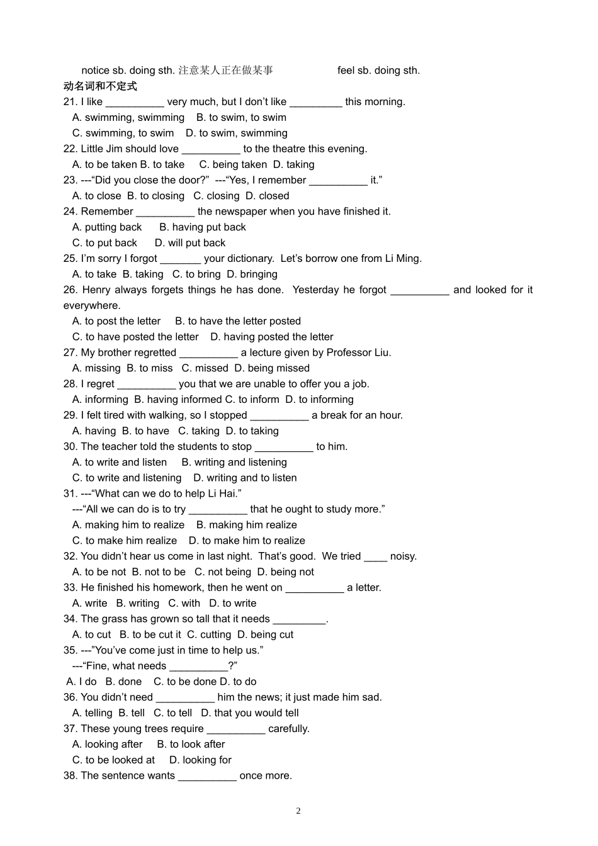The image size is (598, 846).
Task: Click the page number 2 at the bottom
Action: coord(298,811)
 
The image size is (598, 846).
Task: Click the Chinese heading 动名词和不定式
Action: coord(100,86)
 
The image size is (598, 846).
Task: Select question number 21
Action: coord(70,102)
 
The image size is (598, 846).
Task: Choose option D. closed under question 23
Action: coord(268,196)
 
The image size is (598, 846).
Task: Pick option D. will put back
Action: coord(190,243)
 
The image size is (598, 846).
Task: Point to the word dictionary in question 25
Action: coord(250,259)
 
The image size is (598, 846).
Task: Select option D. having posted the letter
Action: coord(272,337)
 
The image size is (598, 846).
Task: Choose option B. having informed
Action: coord(178,400)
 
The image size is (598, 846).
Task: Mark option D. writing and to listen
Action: coord(245,478)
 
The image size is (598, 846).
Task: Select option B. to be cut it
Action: coord(150,634)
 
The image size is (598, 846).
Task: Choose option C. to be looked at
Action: coord(113,760)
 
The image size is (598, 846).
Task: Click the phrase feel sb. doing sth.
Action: coord(378,70)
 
